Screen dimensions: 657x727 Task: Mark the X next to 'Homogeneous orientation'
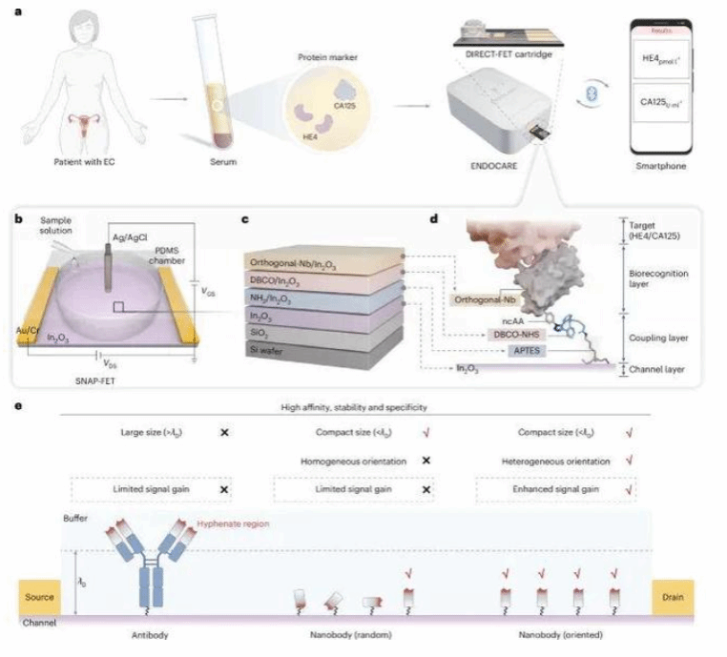click(x=426, y=460)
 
